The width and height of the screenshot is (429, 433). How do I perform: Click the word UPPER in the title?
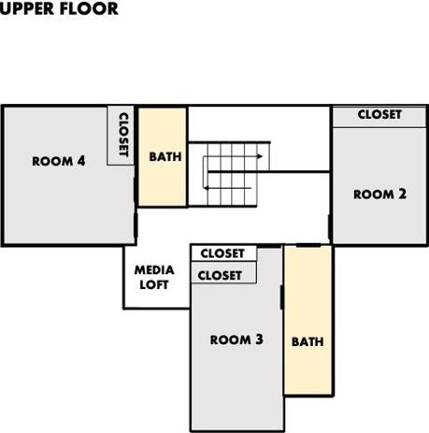click(27, 8)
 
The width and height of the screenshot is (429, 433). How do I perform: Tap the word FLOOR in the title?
click(89, 8)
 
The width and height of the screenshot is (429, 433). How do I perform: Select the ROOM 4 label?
click(59, 161)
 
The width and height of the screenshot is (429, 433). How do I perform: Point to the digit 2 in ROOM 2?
click(402, 194)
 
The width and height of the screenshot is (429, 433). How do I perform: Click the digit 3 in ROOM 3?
click(259, 339)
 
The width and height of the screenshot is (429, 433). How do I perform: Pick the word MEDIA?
click(154, 270)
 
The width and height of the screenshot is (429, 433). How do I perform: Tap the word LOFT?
click(154, 284)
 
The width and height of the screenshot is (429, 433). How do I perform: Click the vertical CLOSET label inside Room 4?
click(123, 135)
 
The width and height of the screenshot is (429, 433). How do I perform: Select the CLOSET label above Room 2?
click(379, 114)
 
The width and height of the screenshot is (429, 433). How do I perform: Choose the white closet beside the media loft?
click(223, 253)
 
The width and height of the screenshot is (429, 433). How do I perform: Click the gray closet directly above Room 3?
click(223, 273)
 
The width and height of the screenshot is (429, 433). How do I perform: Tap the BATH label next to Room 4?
click(165, 156)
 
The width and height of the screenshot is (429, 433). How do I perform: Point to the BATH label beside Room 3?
click(307, 341)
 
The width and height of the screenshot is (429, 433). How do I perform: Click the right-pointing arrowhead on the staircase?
click(260, 156)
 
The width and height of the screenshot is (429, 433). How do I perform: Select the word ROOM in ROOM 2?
click(374, 195)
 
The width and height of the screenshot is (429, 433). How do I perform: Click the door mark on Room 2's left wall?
click(330, 226)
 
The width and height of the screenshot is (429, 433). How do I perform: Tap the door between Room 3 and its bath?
click(282, 297)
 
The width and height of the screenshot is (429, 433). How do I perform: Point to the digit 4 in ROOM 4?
click(81, 161)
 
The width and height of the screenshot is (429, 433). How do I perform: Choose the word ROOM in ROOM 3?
click(231, 339)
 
